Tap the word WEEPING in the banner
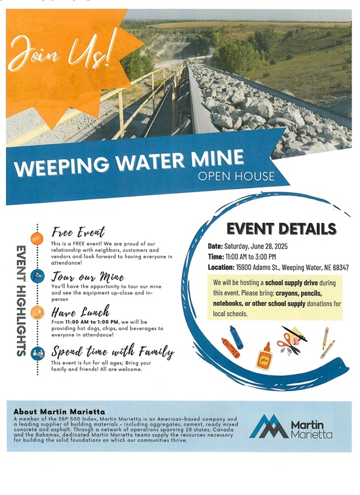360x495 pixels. pos(56,165)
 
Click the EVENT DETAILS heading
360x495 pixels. pos(281,228)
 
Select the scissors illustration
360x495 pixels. pos(289,341)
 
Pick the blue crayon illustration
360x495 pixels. pos(236,337)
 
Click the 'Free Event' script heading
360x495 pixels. pos(78,233)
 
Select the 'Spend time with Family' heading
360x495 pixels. pos(113,351)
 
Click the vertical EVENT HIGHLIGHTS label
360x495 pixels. pos(20,300)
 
